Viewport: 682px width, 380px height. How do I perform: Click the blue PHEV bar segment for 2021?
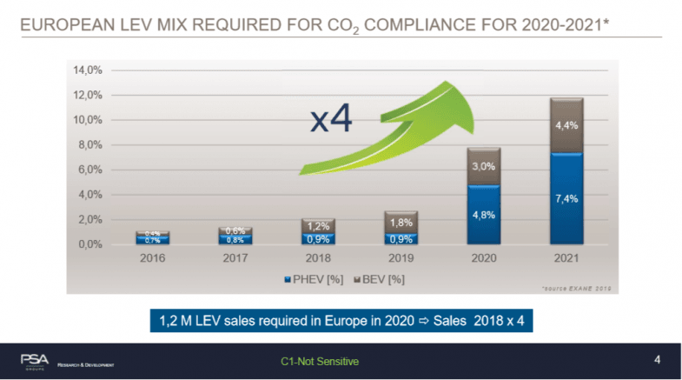pyautogui.click(x=560, y=199)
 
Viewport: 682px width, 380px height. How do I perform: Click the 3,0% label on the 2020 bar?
pyautogui.click(x=484, y=165)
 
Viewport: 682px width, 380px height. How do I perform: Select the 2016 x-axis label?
pyautogui.click(x=152, y=258)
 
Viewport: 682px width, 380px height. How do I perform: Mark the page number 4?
pyautogui.click(x=656, y=359)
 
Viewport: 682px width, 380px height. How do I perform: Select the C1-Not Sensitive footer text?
pyautogui.click(x=319, y=360)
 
